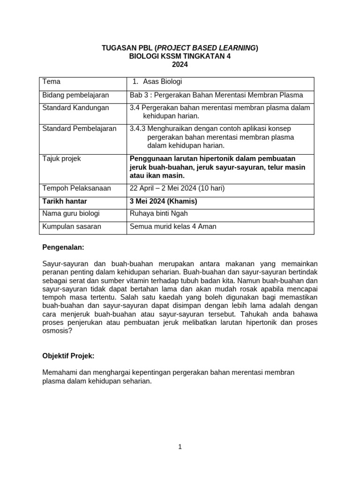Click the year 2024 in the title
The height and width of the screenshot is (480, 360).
pos(180,64)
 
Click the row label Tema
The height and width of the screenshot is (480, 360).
pos(51,82)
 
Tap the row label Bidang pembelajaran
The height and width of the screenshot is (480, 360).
pos(75,95)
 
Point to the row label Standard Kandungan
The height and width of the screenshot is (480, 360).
pos(75,108)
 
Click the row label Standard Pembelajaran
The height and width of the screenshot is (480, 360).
pos(79,128)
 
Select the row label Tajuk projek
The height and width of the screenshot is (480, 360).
pos(61,159)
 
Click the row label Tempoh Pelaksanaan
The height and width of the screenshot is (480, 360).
pos(76,188)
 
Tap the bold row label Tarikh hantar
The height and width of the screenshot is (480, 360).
pos(65,201)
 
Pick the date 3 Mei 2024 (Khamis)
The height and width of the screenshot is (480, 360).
pos(163,201)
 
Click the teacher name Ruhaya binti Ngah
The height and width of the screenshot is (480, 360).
pos(158,214)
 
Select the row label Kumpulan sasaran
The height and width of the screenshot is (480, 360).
pos(72,227)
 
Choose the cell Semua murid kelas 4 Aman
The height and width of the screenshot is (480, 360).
pos(173,227)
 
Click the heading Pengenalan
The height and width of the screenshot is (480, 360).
pos(63,247)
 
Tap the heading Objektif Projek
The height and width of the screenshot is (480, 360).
pos(68,356)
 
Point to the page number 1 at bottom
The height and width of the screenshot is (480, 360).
pos(180,447)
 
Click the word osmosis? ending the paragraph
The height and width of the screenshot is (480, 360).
pos(57,330)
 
